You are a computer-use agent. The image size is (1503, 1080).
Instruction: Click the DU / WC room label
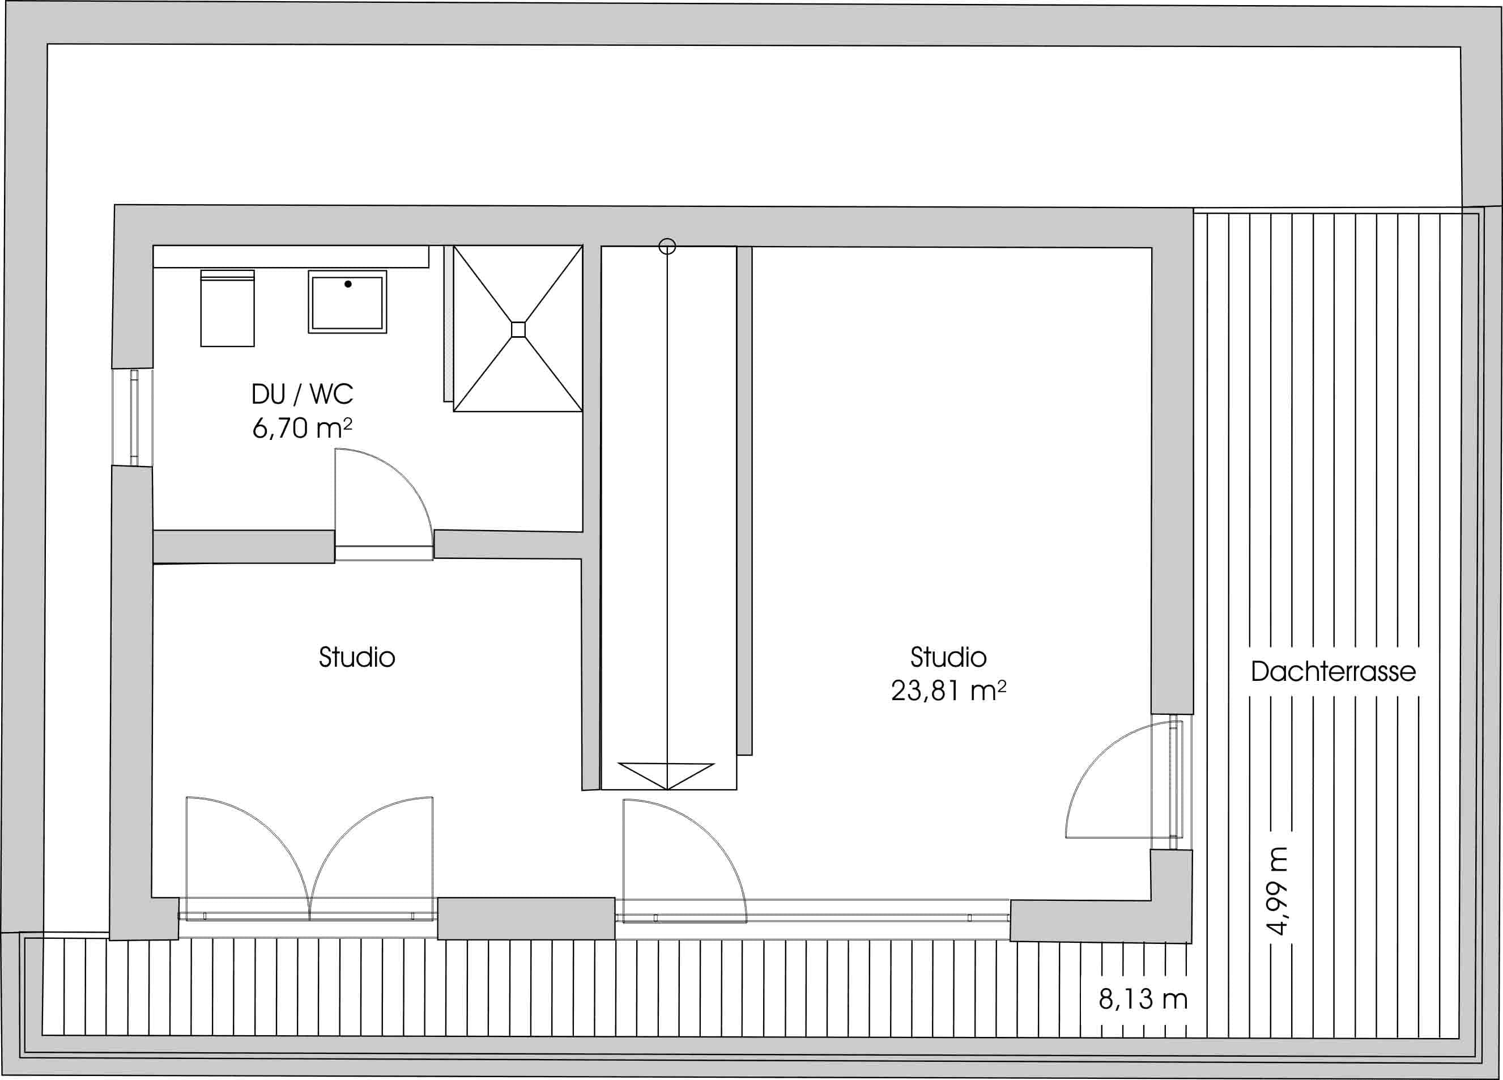click(x=302, y=395)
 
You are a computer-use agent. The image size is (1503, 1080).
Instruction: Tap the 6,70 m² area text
click(x=302, y=428)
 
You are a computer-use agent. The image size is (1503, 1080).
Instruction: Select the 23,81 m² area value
click(x=948, y=691)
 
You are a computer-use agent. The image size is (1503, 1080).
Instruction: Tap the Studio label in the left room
click(x=356, y=657)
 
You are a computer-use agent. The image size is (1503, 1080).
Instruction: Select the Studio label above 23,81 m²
click(x=948, y=657)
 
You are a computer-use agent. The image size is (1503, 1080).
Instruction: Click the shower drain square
click(x=518, y=329)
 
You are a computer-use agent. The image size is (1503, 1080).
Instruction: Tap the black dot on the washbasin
click(x=348, y=284)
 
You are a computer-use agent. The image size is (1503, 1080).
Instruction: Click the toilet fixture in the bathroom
click(x=227, y=308)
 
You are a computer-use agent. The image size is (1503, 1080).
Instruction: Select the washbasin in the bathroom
click(x=347, y=302)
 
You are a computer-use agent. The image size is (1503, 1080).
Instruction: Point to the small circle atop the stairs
click(x=667, y=247)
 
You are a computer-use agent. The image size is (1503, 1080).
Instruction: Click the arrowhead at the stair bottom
click(x=667, y=776)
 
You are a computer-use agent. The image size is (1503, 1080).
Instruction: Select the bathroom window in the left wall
click(x=134, y=418)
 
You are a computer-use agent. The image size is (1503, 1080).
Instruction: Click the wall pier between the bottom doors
click(x=526, y=918)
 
